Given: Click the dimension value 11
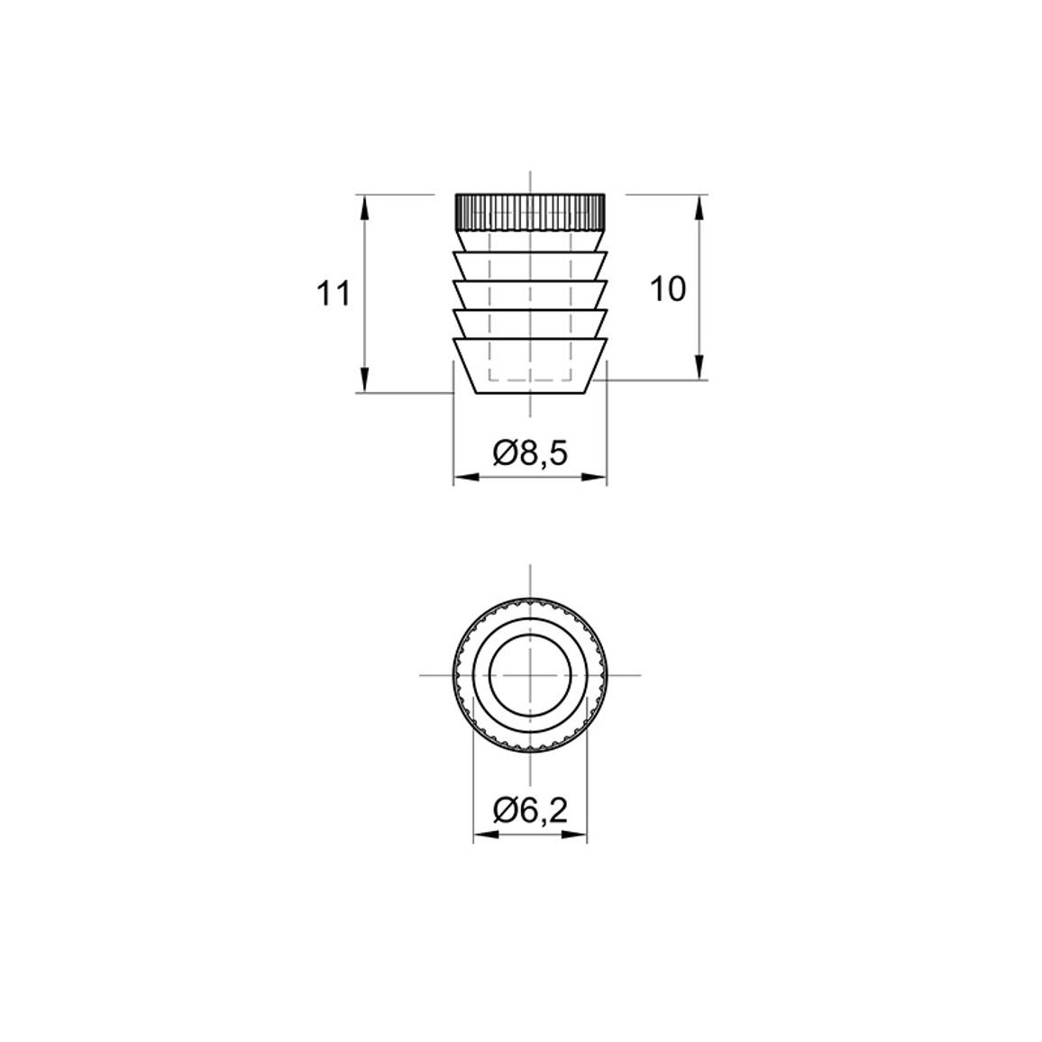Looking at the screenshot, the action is [333, 294].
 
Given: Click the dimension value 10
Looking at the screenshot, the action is [668, 289].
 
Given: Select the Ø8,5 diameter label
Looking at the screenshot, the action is [530, 454].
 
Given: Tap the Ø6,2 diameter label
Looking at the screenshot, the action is [530, 810].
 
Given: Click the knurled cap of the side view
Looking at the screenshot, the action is [530, 212].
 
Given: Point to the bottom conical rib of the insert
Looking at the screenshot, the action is [530, 366].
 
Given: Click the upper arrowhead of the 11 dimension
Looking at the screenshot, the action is [363, 207].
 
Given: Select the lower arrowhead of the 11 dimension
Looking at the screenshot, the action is [363, 379].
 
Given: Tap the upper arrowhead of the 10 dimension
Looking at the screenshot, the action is [699, 207].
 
